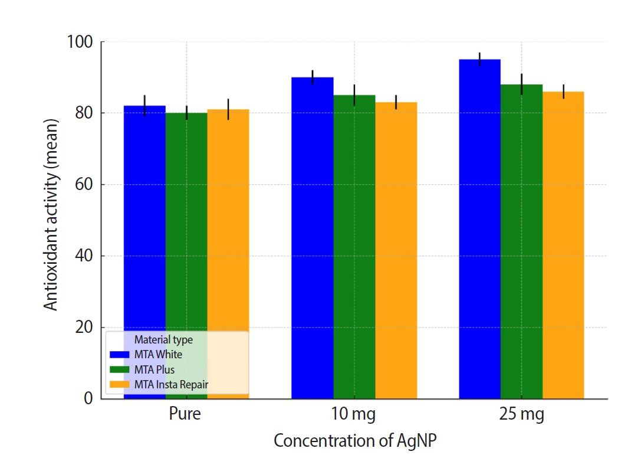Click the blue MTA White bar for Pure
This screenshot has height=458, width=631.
pos(144,218)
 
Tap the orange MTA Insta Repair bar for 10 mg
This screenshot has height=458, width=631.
pos(396,248)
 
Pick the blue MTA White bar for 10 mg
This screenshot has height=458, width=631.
pos(313,236)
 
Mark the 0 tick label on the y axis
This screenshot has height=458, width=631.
pos(89,399)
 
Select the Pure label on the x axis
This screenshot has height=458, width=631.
pos(185,414)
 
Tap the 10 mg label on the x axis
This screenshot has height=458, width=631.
pos(354,414)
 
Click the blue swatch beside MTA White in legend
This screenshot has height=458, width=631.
pos(120,355)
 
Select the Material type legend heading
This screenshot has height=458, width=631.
pos(163,340)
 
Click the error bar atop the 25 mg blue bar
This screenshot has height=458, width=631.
pos(480,59)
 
